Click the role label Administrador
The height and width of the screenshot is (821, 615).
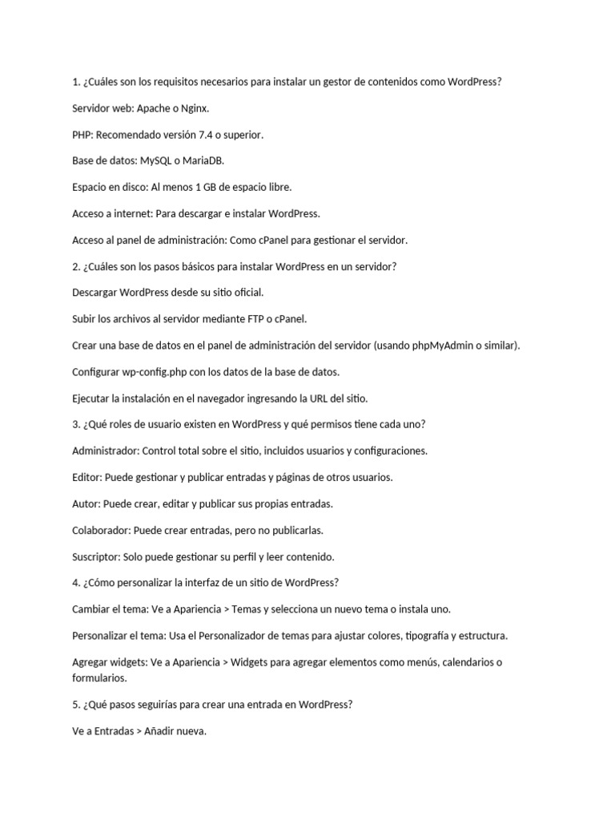105,451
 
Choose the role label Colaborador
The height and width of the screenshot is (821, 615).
101,531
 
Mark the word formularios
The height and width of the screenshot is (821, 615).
98,678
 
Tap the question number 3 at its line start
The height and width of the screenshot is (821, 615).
75,425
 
